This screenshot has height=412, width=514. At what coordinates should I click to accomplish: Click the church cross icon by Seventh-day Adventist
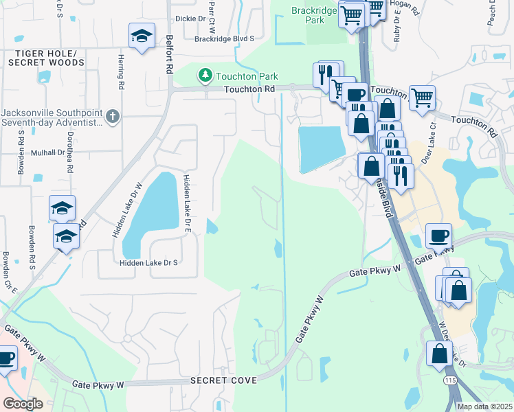tap(114, 117)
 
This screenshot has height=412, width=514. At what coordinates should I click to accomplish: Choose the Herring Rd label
tap(120, 72)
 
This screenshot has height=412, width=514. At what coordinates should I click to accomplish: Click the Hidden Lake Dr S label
tap(148, 263)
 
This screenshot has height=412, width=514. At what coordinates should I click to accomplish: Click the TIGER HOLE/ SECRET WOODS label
tap(46, 58)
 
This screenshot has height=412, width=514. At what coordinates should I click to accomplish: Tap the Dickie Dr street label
tap(191, 19)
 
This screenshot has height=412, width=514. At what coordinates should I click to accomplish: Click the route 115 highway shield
tap(450, 380)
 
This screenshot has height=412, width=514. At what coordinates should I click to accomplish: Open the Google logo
tap(23, 404)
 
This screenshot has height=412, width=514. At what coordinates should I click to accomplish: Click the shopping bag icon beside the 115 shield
tap(440, 354)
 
